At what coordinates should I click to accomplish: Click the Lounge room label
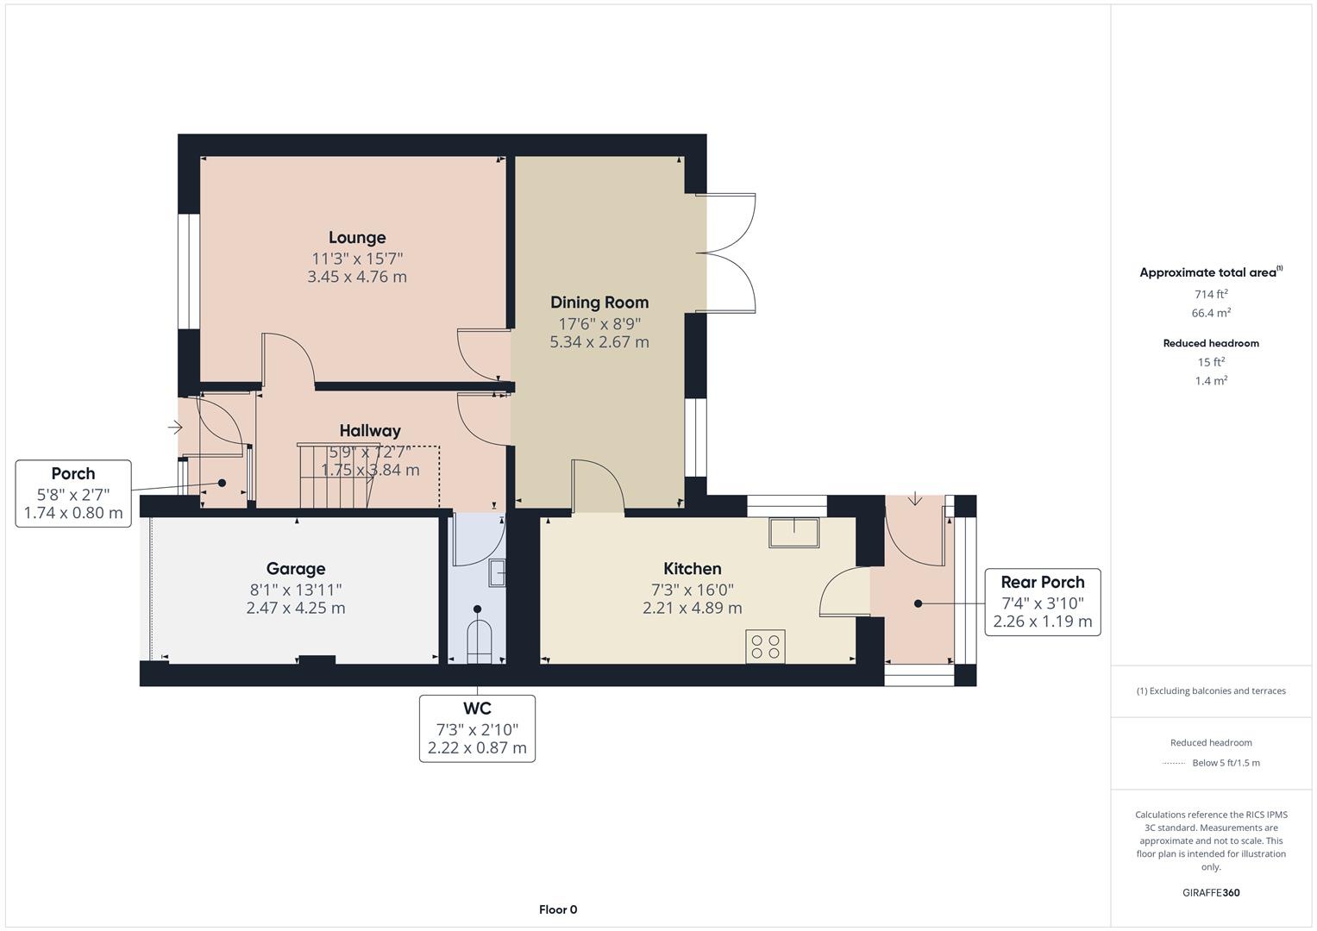(357, 238)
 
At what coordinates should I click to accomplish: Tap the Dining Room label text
(599, 303)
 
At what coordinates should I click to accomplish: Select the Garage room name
(296, 569)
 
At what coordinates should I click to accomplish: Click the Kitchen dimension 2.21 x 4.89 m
(692, 609)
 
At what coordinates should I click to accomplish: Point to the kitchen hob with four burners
(766, 647)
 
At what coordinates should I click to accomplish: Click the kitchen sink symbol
(794, 532)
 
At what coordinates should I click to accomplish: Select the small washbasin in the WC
(497, 572)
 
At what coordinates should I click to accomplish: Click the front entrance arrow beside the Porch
(175, 427)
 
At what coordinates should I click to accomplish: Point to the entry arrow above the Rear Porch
(915, 498)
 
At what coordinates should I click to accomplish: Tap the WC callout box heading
(477, 709)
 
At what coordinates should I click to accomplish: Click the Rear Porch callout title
(1042, 582)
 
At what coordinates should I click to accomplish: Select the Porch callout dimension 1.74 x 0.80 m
(73, 514)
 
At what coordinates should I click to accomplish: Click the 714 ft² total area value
(1211, 294)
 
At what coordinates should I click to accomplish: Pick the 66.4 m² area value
(1211, 313)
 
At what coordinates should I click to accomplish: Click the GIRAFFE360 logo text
(1211, 893)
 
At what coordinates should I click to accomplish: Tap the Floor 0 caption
(558, 909)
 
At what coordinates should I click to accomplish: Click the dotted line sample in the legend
(1173, 763)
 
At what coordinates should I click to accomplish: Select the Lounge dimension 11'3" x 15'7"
(357, 259)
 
